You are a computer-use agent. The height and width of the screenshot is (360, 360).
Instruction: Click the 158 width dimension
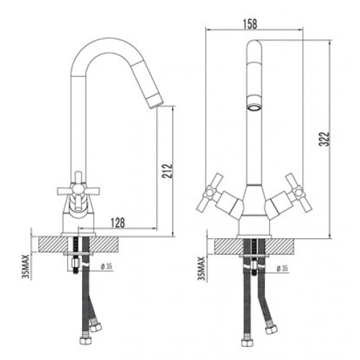pyautogui.click(x=250, y=24)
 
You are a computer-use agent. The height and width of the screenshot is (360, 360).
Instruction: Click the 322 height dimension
pyautogui.click(x=325, y=138)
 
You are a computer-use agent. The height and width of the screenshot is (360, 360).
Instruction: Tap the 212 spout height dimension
pyautogui.click(x=167, y=171)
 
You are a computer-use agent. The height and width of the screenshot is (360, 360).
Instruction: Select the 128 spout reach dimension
pyautogui.click(x=117, y=222)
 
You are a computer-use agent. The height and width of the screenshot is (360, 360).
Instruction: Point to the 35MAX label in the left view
pyautogui.click(x=25, y=266)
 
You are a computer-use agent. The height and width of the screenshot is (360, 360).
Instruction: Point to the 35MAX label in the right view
pyautogui.click(x=201, y=268)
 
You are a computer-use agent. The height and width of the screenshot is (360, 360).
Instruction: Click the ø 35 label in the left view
pyautogui.click(x=107, y=266)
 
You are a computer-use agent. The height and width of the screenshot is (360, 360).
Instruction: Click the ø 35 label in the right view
pyautogui.click(x=282, y=269)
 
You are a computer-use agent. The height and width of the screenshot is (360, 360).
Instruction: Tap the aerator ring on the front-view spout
pyautogui.click(x=255, y=108)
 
